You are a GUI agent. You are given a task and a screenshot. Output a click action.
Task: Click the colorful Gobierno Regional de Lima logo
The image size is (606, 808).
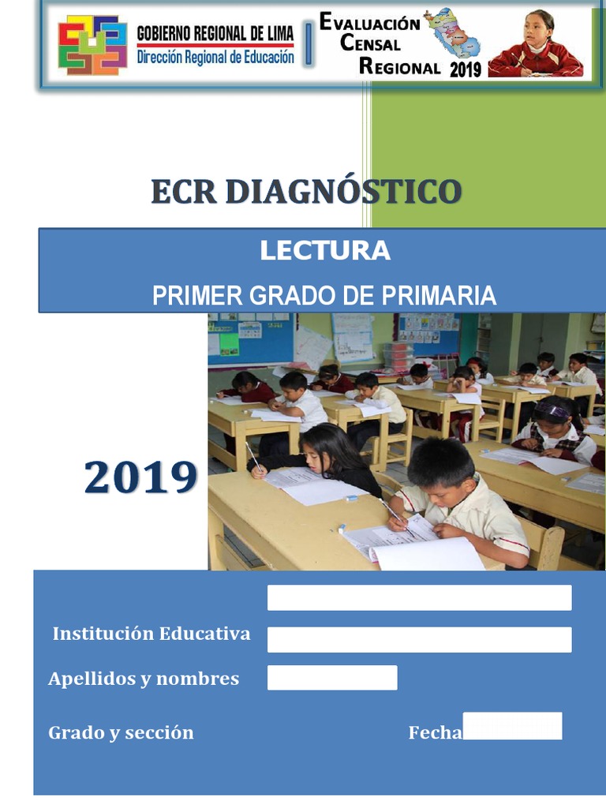(92, 46)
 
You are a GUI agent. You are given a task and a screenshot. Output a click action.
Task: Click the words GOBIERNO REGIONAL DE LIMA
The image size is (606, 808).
(215, 33)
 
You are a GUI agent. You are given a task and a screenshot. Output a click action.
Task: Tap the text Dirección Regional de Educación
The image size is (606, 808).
(215, 58)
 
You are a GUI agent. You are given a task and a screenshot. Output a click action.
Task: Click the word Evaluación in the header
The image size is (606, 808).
(369, 22)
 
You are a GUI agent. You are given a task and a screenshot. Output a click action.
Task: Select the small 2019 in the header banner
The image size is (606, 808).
(465, 69)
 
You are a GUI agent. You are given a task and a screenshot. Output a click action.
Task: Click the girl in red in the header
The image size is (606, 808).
(537, 46)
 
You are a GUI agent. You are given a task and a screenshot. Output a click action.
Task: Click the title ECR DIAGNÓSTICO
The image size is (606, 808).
(306, 192)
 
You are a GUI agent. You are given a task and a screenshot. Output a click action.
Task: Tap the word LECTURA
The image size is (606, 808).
(325, 251)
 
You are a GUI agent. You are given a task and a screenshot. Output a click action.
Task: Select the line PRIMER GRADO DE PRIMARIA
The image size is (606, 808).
(324, 296)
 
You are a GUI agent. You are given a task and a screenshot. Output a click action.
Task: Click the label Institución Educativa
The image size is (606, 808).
(151, 634)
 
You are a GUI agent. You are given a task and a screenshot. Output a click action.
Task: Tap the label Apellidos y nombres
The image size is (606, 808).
(144, 679)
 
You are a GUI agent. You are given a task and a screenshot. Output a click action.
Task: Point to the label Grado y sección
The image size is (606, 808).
(121, 732)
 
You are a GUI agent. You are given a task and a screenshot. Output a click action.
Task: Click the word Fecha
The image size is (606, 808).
(435, 733)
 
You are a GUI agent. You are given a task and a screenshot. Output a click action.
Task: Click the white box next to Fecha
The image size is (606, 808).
(512, 726)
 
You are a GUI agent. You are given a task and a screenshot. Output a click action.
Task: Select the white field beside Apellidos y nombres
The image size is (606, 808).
(332, 678)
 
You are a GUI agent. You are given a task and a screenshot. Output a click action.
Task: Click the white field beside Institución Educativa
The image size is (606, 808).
(419, 639)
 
